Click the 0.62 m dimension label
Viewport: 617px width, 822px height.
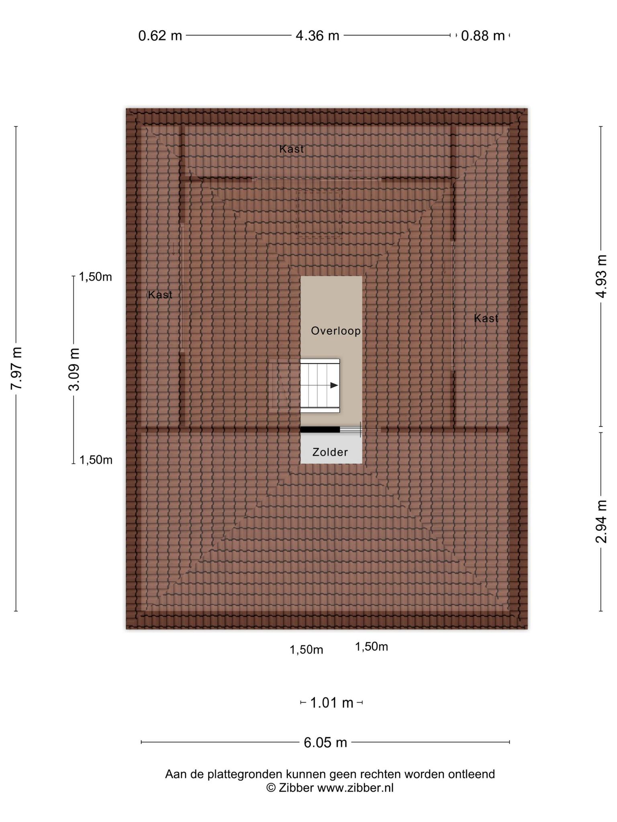[x=160, y=36]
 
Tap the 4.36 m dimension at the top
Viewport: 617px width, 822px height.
[x=317, y=36]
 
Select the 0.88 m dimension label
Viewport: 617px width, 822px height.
[x=482, y=36]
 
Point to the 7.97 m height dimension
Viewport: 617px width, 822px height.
[x=16, y=368]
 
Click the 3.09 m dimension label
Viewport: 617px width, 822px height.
[x=74, y=369]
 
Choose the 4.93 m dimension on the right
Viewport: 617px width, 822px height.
[x=601, y=276]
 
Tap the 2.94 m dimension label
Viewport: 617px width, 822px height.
[x=601, y=521]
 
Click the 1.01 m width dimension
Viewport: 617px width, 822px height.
[x=332, y=703]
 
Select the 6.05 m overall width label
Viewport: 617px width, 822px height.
[x=325, y=743]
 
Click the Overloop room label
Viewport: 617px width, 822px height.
[x=336, y=331]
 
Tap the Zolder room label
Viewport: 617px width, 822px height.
[x=330, y=452]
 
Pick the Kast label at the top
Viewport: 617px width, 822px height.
[x=292, y=149]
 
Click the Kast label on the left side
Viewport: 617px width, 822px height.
[x=160, y=295]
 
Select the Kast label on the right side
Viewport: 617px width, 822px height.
[x=486, y=318]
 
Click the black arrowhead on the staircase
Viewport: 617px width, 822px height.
[x=334, y=385]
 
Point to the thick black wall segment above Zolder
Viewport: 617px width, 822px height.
[x=320, y=429]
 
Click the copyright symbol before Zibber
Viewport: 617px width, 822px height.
[x=271, y=787]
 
